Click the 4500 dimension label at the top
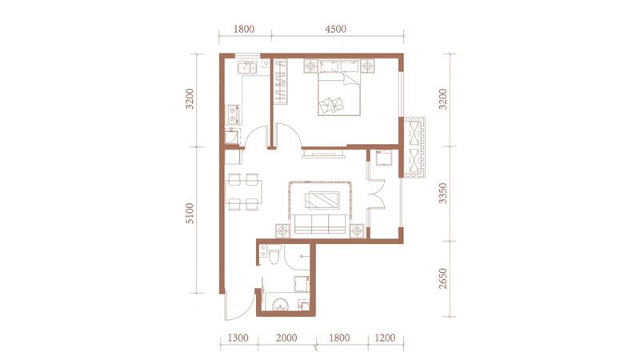click(x=335, y=29)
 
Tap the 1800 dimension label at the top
click(x=244, y=29)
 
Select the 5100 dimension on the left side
click(x=190, y=213)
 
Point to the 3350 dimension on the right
click(x=443, y=194)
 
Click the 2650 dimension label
click(x=443, y=278)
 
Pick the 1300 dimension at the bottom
click(x=238, y=338)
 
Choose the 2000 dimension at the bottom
click(x=286, y=338)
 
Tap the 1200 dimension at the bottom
click(x=385, y=338)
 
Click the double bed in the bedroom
click(x=339, y=88)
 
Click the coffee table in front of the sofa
click(x=322, y=200)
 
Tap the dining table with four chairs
click(x=244, y=192)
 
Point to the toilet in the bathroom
click(x=274, y=254)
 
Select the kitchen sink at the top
click(x=247, y=67)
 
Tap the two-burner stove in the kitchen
click(x=233, y=114)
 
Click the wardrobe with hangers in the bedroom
click(x=280, y=82)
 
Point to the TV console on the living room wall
click(x=324, y=154)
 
